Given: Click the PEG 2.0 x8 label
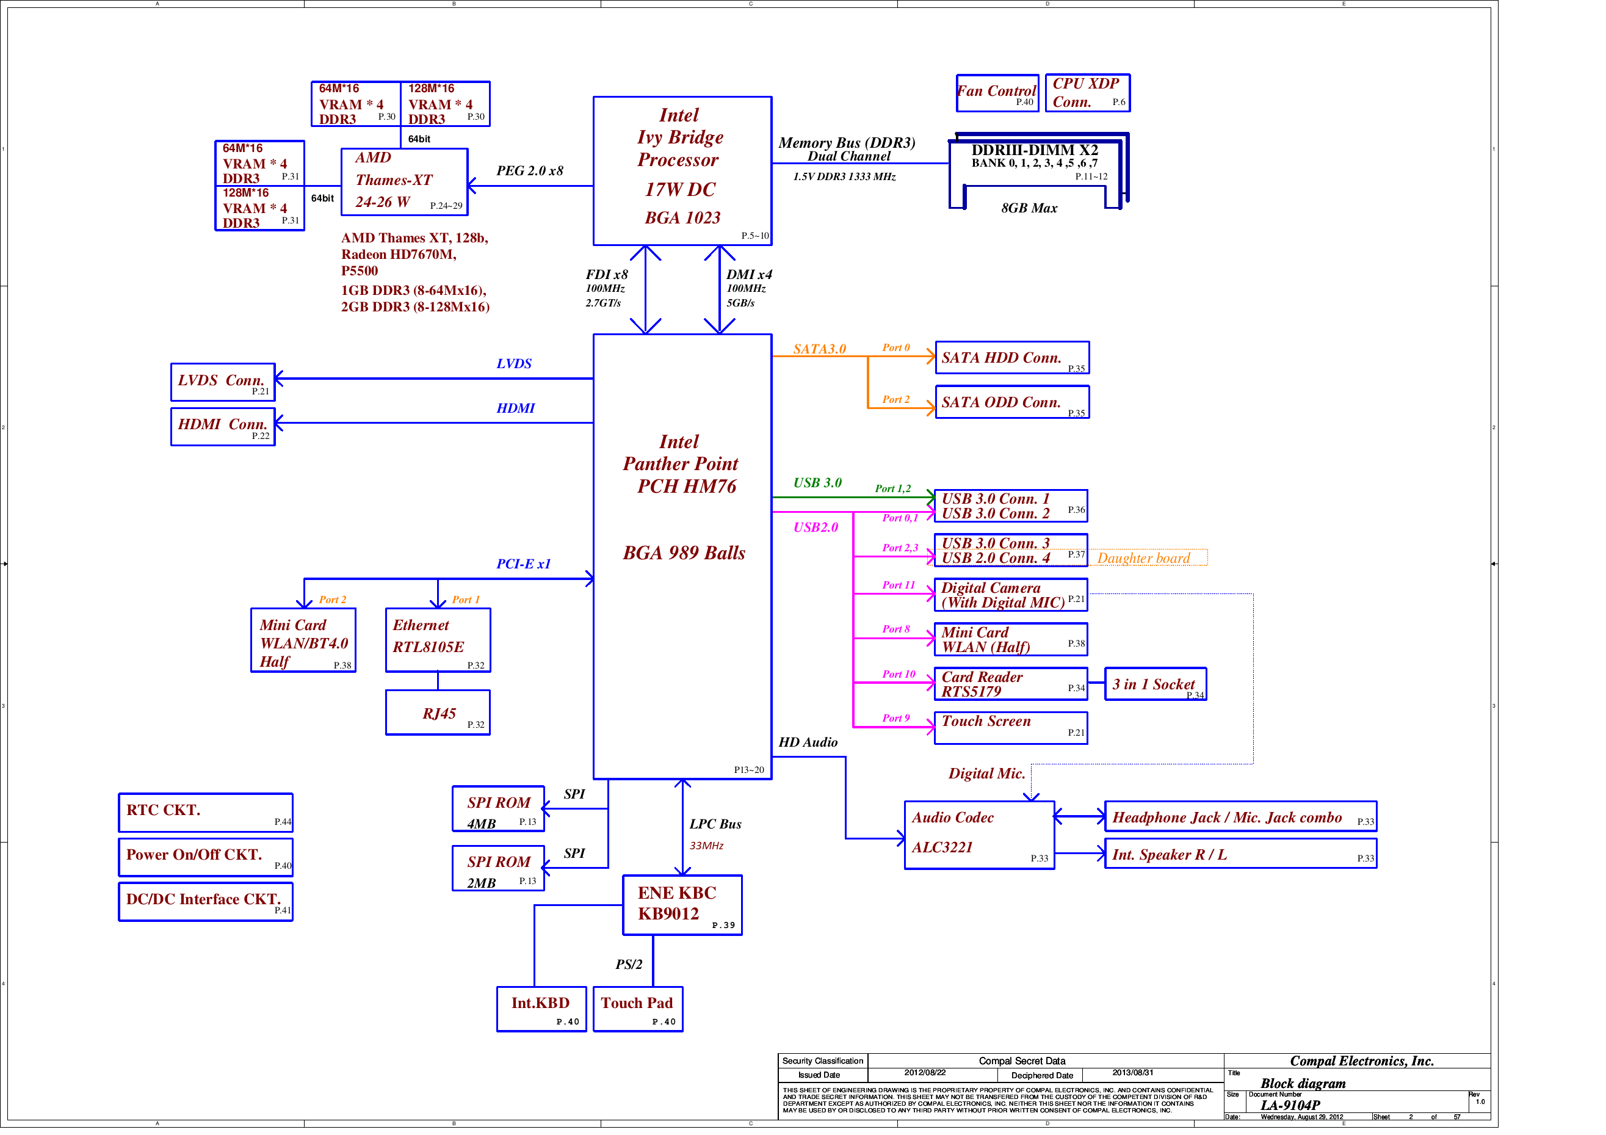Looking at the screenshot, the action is click(x=529, y=171).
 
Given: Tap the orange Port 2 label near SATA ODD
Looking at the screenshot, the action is click(x=895, y=399).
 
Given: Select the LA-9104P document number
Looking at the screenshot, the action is click(x=1290, y=1105).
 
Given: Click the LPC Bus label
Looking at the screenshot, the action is click(x=715, y=824).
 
